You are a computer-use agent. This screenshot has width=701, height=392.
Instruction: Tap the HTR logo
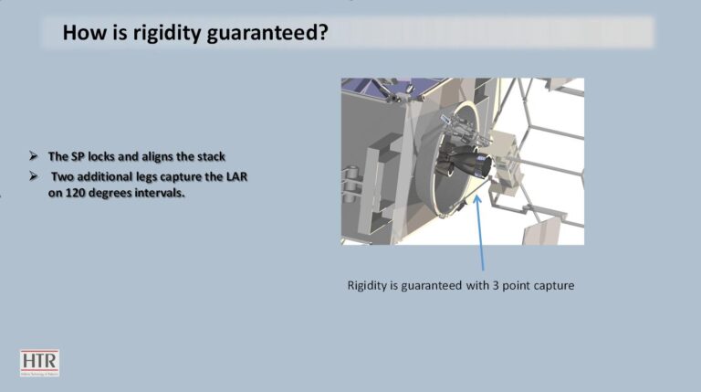coord(39,363)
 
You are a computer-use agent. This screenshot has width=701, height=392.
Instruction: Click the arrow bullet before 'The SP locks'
coord(34,156)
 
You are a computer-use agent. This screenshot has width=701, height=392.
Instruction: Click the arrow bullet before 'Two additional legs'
coord(34,176)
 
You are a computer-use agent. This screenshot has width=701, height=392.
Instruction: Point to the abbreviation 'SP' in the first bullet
coord(78,156)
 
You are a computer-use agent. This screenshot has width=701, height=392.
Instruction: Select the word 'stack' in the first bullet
coord(212,156)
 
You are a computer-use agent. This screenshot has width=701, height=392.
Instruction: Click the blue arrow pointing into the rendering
coord(480,232)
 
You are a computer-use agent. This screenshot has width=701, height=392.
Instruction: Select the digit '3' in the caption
coord(496,285)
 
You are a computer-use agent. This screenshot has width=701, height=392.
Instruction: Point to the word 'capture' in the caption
coord(551,286)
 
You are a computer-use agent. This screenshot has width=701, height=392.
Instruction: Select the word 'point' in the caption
coord(514,286)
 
